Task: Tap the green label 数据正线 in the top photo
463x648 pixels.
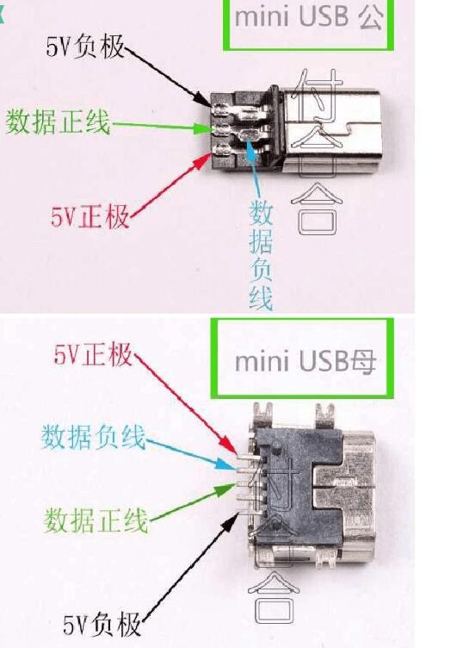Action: pyautogui.click(x=59, y=122)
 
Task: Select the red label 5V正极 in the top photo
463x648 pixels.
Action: pyautogui.click(x=90, y=216)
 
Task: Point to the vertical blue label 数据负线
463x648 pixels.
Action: pyautogui.click(x=261, y=254)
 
